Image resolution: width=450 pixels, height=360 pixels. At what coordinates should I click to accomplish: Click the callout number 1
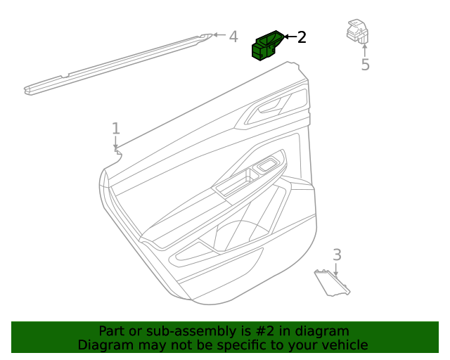(115, 129)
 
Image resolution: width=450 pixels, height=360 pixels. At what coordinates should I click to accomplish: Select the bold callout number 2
(302, 37)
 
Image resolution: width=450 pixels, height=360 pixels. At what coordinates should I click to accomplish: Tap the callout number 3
(337, 255)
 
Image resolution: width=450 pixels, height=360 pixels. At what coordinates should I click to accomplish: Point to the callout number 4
(233, 37)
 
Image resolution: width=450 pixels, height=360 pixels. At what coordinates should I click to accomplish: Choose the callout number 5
(365, 65)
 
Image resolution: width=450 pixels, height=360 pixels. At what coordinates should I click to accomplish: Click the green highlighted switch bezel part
(267, 46)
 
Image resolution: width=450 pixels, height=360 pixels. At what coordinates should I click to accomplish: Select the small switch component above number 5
(357, 31)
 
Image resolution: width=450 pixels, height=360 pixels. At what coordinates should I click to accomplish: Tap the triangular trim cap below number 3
(332, 283)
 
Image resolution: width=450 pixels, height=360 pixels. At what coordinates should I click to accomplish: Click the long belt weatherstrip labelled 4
(117, 64)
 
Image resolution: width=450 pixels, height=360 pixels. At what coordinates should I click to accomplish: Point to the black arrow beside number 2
(290, 37)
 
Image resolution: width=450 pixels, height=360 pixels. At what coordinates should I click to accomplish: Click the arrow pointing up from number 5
(364, 50)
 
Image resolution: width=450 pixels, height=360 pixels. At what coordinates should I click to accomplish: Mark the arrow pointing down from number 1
(115, 143)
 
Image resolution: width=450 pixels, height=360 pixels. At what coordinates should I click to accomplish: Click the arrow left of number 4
(219, 34)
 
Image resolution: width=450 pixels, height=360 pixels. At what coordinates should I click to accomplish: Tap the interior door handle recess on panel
(271, 107)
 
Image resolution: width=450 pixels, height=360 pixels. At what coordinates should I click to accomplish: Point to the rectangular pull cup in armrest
(235, 184)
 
